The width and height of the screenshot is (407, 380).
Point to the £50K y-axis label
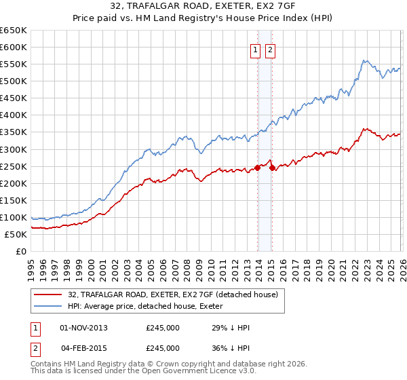point(16,234)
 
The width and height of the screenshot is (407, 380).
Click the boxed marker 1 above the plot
point(255,50)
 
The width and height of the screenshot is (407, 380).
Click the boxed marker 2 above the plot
point(270,50)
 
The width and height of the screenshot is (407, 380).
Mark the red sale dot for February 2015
point(273,168)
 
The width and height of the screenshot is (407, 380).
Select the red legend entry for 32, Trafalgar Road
point(173,294)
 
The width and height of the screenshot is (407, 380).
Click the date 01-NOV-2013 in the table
point(84,328)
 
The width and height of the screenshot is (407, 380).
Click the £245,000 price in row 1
point(163,328)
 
